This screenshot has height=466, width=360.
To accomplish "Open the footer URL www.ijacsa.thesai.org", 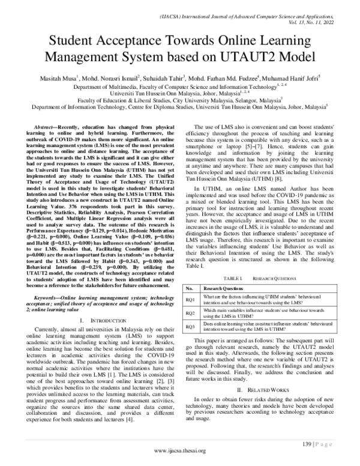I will pos(180,451).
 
